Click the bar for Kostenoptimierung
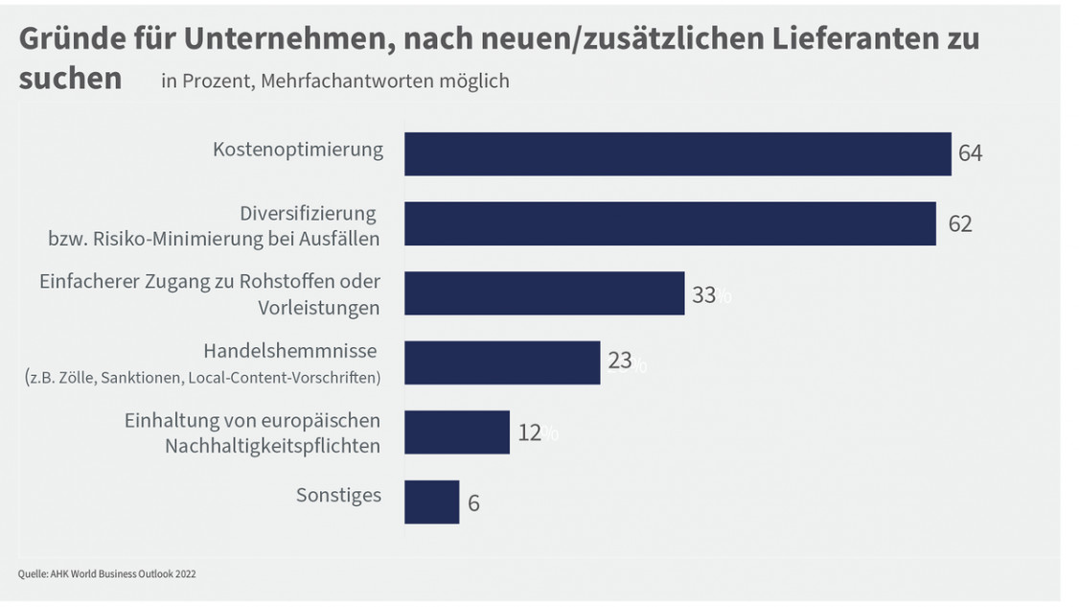coord(677,153)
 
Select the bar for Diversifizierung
coord(670,223)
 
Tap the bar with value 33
coord(544,293)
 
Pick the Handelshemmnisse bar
coord(502,362)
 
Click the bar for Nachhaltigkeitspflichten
coord(457,432)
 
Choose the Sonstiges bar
coord(431,502)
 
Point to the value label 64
coord(970,153)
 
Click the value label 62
coord(959,223)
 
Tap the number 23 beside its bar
coord(620,362)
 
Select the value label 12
coord(530,432)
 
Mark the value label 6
coord(473,502)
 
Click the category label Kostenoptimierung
coord(297,150)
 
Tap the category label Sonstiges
coord(338,496)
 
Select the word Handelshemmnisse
coord(289,351)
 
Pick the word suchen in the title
coord(70,79)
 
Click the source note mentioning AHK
coord(107,573)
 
